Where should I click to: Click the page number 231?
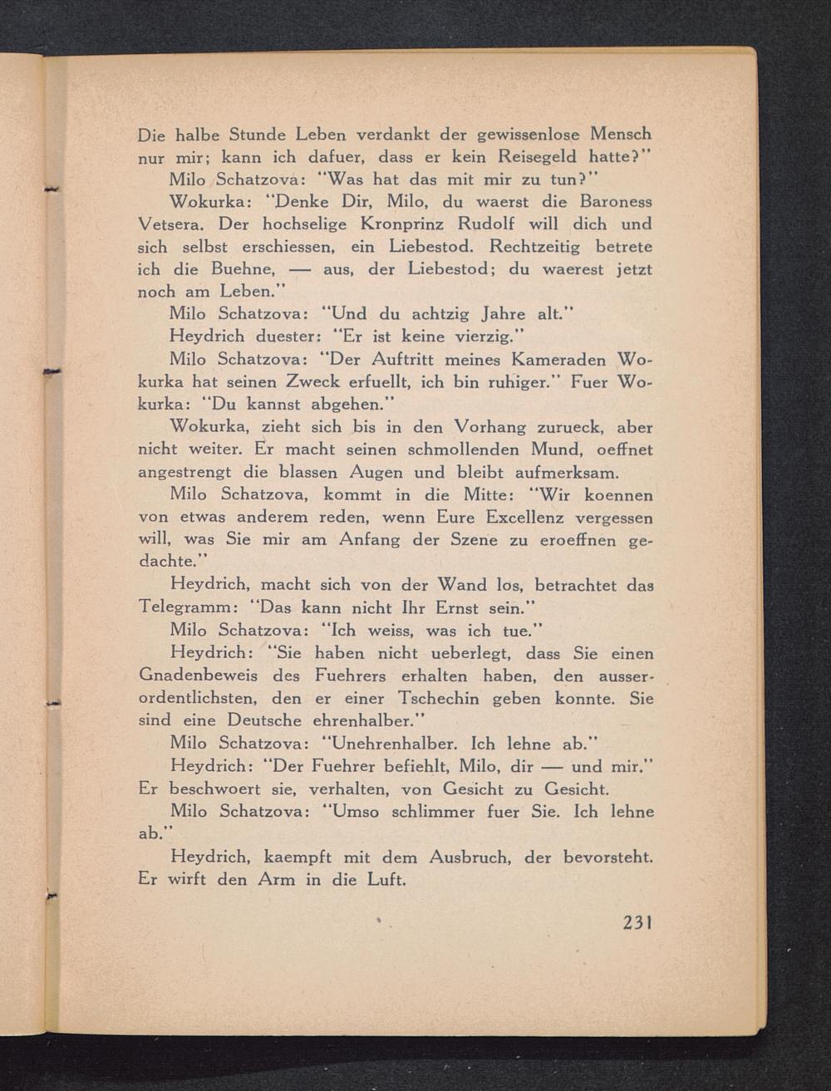635,922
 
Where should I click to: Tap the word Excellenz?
524,518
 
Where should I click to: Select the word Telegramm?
184,608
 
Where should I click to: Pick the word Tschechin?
438,698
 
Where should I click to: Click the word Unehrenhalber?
390,743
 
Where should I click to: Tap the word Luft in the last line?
386,879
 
